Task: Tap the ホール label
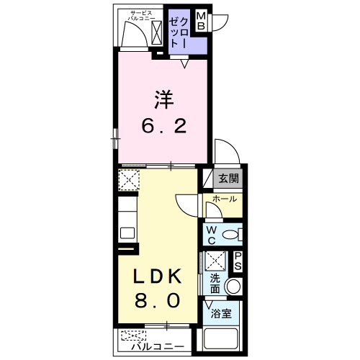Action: click(225, 199)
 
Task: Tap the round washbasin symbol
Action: click(232, 287)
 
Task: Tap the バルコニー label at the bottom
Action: click(159, 346)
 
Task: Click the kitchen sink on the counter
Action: click(127, 233)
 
